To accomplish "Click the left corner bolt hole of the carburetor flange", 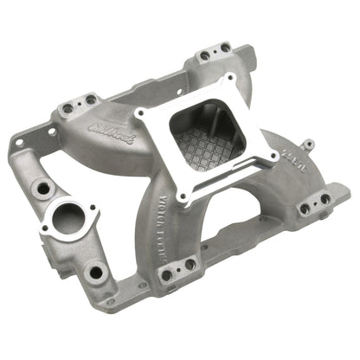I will point(138,114).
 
